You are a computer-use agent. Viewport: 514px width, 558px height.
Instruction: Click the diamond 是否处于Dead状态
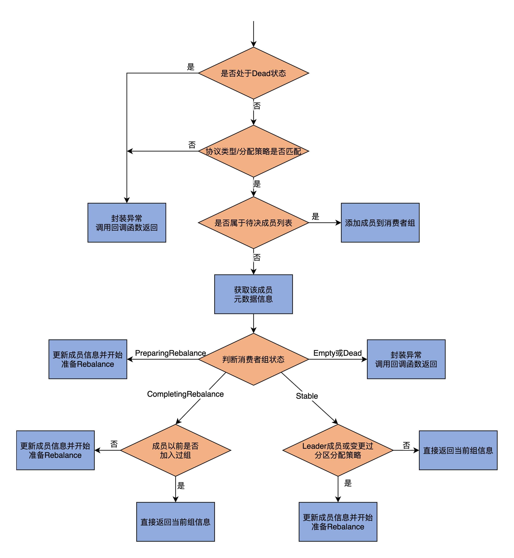(253, 73)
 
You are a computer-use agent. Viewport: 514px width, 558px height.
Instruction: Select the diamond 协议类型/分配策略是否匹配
(253, 151)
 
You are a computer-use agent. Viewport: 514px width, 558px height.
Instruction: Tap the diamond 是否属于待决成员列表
(253, 223)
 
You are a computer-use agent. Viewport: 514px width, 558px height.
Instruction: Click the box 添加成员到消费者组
(380, 223)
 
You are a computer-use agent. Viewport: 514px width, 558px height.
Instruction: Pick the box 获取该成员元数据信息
(253, 294)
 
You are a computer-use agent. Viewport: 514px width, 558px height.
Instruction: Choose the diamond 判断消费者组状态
(253, 359)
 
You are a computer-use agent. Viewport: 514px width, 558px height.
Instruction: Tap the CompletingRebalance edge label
(185, 394)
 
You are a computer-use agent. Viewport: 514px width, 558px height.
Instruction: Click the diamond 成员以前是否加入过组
(175, 450)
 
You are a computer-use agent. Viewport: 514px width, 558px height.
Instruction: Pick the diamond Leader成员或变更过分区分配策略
(338, 450)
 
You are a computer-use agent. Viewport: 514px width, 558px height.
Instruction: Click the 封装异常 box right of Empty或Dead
(406, 359)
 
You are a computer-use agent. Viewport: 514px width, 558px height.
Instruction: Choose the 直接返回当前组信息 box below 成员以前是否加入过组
(175, 522)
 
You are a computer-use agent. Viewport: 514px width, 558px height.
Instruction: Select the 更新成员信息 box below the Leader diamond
(338, 522)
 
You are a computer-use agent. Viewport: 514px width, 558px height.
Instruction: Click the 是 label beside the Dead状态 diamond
(191, 67)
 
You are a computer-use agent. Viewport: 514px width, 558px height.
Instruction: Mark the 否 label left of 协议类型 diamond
(192, 145)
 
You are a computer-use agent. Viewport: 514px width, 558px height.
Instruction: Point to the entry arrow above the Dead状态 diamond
(253, 33)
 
